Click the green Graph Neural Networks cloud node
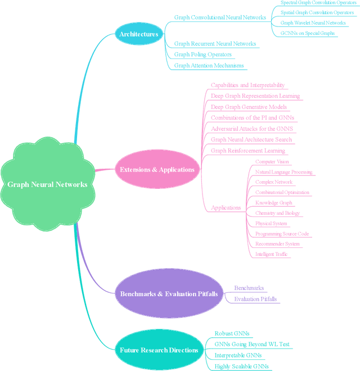click(47, 184)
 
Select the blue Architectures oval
click(138, 34)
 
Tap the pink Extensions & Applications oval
click(157, 169)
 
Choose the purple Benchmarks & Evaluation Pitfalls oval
click(169, 293)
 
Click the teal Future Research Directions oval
click(159, 350)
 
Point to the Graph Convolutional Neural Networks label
click(220, 17)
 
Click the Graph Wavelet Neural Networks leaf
click(313, 23)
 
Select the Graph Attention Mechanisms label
click(209, 65)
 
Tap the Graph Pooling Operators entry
click(203, 55)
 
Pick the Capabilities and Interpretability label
click(247, 85)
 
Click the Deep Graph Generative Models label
click(249, 107)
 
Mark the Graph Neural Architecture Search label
click(251, 139)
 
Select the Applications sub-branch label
click(226, 207)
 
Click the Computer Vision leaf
click(272, 162)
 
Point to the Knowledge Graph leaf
click(274, 203)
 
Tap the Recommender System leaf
click(277, 244)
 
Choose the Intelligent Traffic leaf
click(272, 254)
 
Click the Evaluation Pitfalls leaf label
click(255, 299)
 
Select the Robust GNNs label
click(232, 333)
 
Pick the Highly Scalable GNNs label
click(241, 366)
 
